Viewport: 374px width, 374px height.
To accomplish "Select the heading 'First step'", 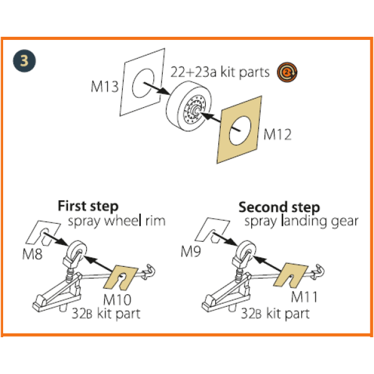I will click(88, 206).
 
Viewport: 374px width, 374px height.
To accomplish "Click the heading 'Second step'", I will click(279, 207).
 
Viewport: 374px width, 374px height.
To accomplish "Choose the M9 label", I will click(193, 252).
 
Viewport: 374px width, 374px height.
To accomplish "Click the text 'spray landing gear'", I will click(301, 221).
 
